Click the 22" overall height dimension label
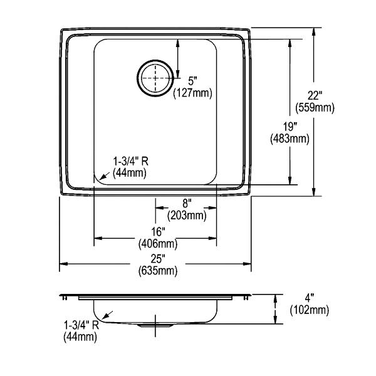tap(315, 96)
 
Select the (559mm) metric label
tap(315, 108)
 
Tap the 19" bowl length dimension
tap(290, 127)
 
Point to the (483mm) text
tap(290, 139)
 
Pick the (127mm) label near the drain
tap(192, 93)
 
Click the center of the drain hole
tap(155, 78)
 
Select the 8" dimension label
tap(187, 204)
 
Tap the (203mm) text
tap(187, 216)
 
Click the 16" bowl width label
tap(159, 231)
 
